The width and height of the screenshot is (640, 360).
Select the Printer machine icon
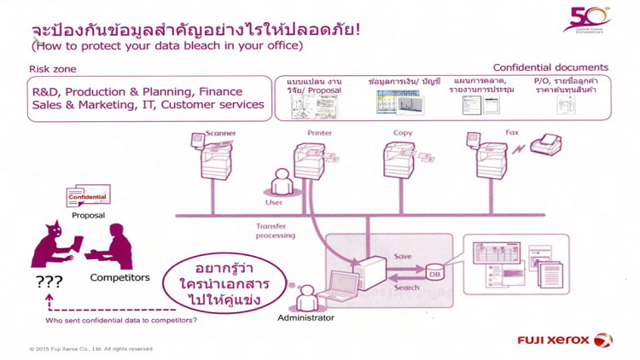(310, 159)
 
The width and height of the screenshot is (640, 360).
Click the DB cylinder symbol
(435, 271)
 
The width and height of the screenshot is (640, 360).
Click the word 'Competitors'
(119, 278)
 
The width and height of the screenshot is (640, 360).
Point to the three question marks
(49, 281)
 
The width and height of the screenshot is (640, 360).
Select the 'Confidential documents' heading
(550, 67)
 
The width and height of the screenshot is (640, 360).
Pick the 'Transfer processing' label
(275, 231)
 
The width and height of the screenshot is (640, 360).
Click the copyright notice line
(91, 348)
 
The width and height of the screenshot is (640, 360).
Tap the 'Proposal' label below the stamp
(89, 216)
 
